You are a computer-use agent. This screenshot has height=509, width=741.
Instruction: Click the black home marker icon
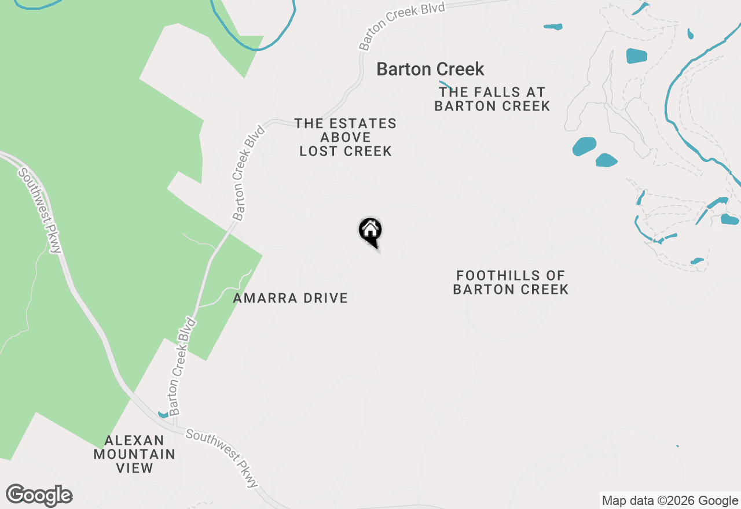click(x=370, y=231)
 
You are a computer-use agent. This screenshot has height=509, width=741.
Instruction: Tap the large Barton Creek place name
click(x=430, y=69)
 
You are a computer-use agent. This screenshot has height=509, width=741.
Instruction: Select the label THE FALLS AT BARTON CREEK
click(x=492, y=99)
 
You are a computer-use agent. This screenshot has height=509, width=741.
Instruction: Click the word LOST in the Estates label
click(x=318, y=152)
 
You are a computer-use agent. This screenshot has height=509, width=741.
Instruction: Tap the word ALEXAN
click(x=134, y=441)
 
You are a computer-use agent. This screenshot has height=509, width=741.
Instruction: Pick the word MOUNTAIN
click(x=134, y=455)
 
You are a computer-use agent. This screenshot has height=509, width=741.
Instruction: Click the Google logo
click(x=39, y=495)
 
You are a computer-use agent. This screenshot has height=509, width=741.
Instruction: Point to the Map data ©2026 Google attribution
click(x=670, y=501)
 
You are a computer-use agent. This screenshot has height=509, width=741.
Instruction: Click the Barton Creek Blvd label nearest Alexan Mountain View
click(x=182, y=366)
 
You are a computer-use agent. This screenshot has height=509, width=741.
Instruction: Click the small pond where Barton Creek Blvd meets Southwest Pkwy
click(x=163, y=415)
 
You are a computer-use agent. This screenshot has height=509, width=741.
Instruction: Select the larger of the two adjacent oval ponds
click(x=584, y=146)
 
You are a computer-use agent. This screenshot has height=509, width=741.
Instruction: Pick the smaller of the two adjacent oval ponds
click(x=607, y=160)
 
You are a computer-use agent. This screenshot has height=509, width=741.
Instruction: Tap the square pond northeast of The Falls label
click(x=636, y=56)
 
